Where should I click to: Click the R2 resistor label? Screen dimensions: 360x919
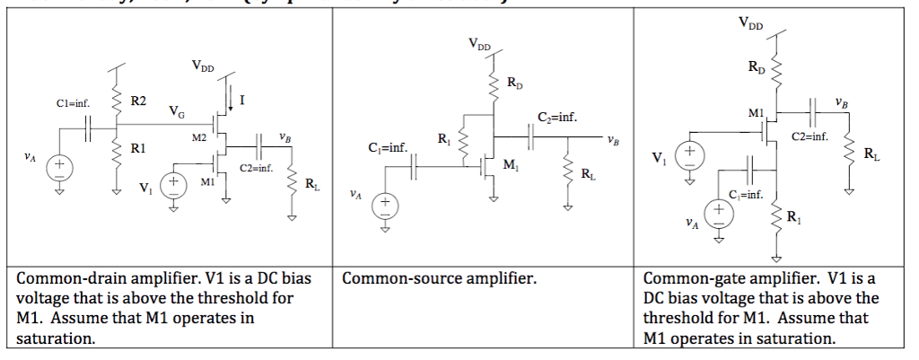[x=139, y=101]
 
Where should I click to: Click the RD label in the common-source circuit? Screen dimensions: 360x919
[x=513, y=83]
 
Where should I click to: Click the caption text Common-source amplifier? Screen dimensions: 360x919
[x=439, y=279]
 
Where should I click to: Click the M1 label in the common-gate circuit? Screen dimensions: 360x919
[x=755, y=113]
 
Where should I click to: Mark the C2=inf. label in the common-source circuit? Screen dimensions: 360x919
[x=557, y=117]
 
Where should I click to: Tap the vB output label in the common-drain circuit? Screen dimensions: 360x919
[x=284, y=137]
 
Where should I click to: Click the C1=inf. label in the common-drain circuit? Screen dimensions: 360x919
[x=73, y=104]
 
